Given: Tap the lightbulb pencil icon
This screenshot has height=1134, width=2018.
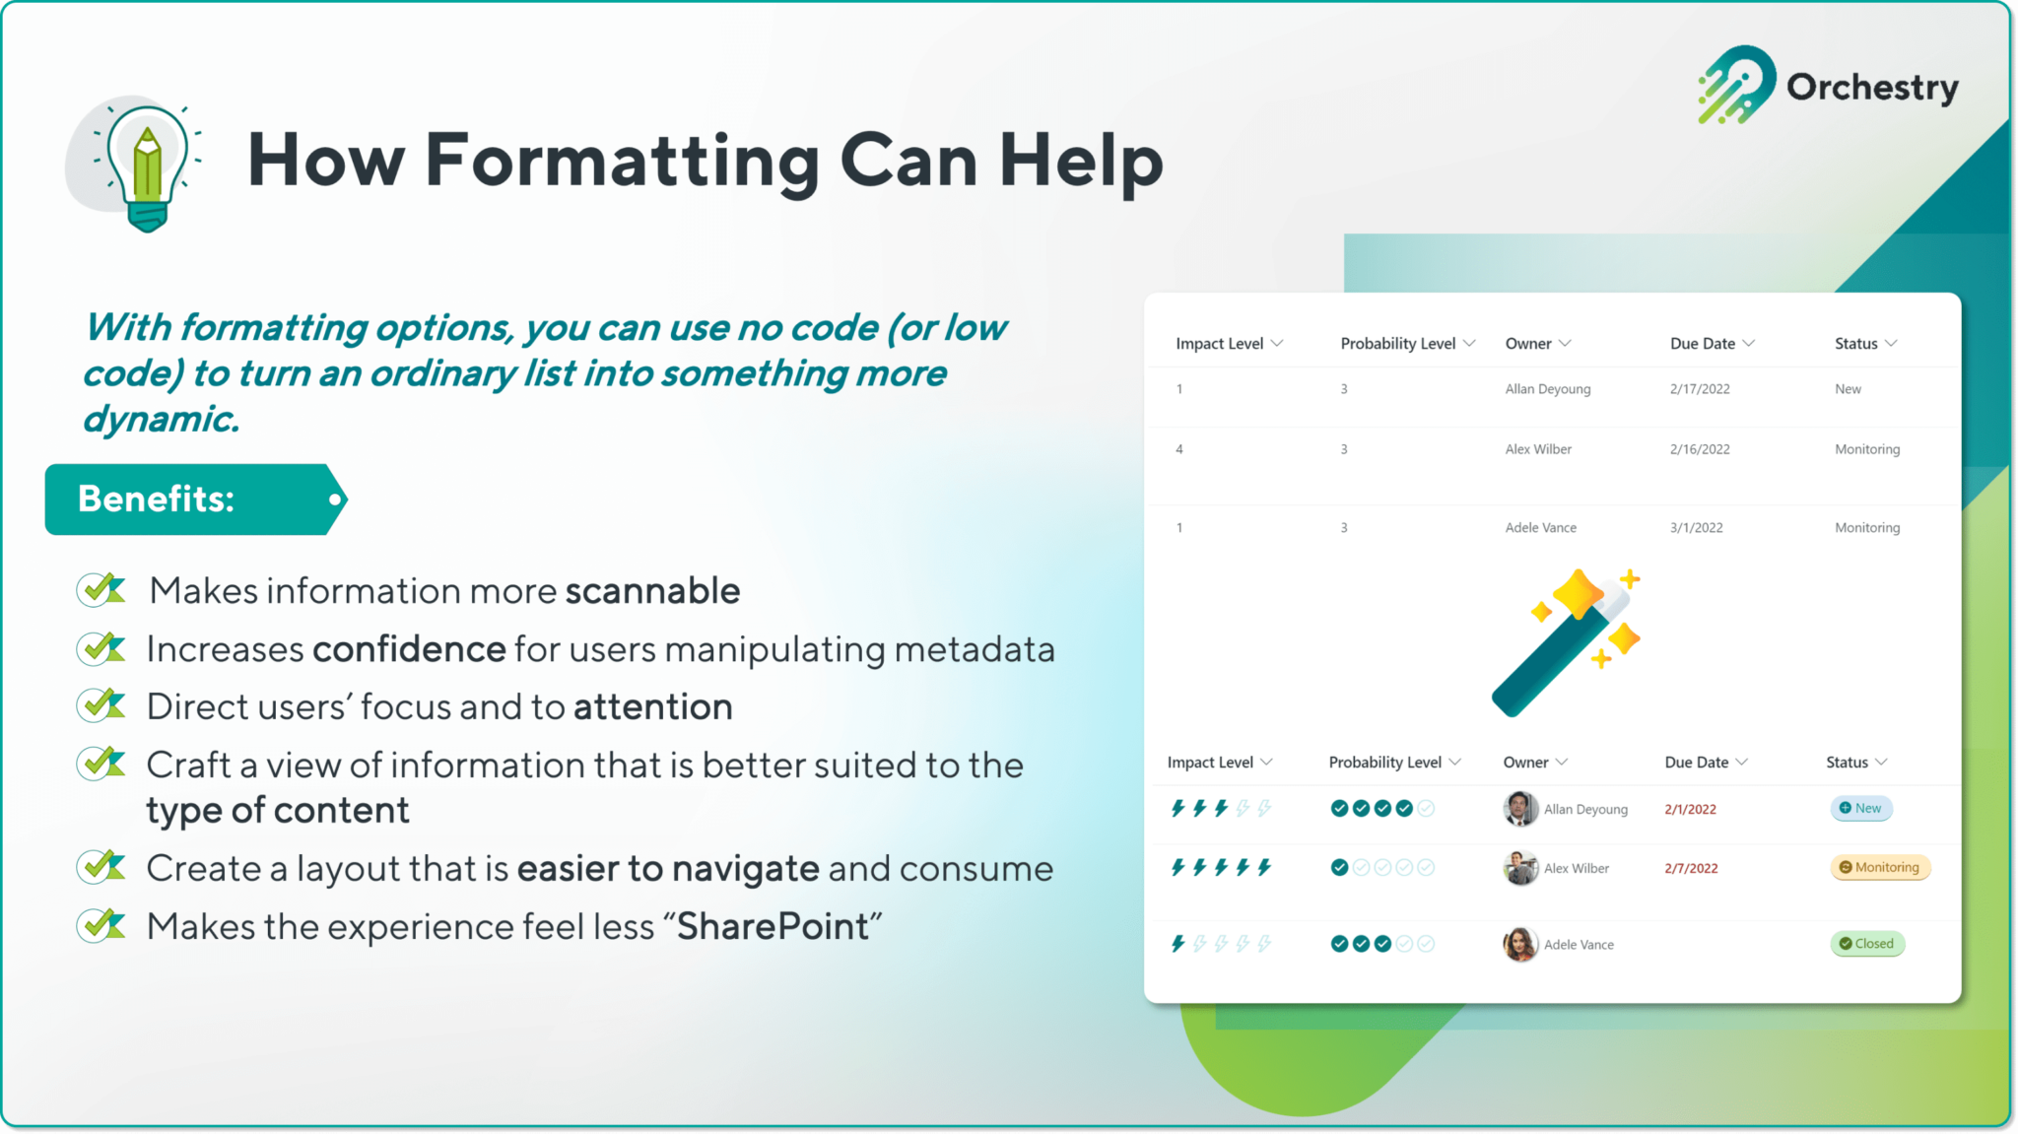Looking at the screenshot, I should (x=147, y=166).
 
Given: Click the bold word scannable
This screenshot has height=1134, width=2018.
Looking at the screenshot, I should (x=652, y=591).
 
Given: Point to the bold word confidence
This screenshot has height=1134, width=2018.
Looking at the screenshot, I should (x=409, y=649).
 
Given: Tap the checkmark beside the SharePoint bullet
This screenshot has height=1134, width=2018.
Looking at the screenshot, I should (x=101, y=925).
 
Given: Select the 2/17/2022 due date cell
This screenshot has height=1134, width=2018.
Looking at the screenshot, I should (x=1700, y=389).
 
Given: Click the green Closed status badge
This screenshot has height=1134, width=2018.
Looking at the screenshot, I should (x=1866, y=944).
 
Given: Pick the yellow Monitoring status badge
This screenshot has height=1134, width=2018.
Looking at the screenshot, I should (x=1879, y=868).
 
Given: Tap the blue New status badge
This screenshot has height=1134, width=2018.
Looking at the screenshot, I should (x=1860, y=809).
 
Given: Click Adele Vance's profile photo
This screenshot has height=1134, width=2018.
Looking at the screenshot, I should (x=1520, y=944).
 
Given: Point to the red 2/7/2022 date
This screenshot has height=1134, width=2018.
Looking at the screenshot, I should (x=1691, y=869).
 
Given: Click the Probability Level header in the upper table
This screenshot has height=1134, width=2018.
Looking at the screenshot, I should (x=1397, y=344).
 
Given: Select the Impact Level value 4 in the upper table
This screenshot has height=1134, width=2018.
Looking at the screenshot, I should (x=1179, y=449).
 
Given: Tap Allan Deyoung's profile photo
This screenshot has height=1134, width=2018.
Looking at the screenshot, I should (x=1520, y=809).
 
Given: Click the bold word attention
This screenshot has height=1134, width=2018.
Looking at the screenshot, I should (x=652, y=707).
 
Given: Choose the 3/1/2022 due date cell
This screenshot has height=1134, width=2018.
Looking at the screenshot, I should (x=1696, y=528).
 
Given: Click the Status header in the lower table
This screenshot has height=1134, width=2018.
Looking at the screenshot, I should (x=1847, y=763).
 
